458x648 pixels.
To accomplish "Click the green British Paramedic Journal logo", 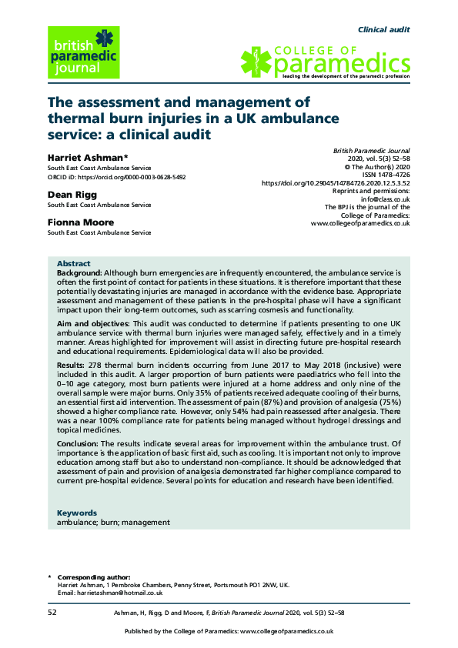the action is [x=84, y=52].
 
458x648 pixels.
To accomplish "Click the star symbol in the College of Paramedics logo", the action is [x=259, y=62].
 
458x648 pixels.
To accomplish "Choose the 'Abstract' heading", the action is [x=74, y=263].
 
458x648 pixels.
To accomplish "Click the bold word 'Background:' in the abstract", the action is [x=79, y=273].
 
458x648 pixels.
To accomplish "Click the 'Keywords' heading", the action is [x=77, y=513].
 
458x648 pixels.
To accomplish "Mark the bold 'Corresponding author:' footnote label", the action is [x=94, y=577].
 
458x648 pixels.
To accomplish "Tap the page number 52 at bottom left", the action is [x=52, y=612].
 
